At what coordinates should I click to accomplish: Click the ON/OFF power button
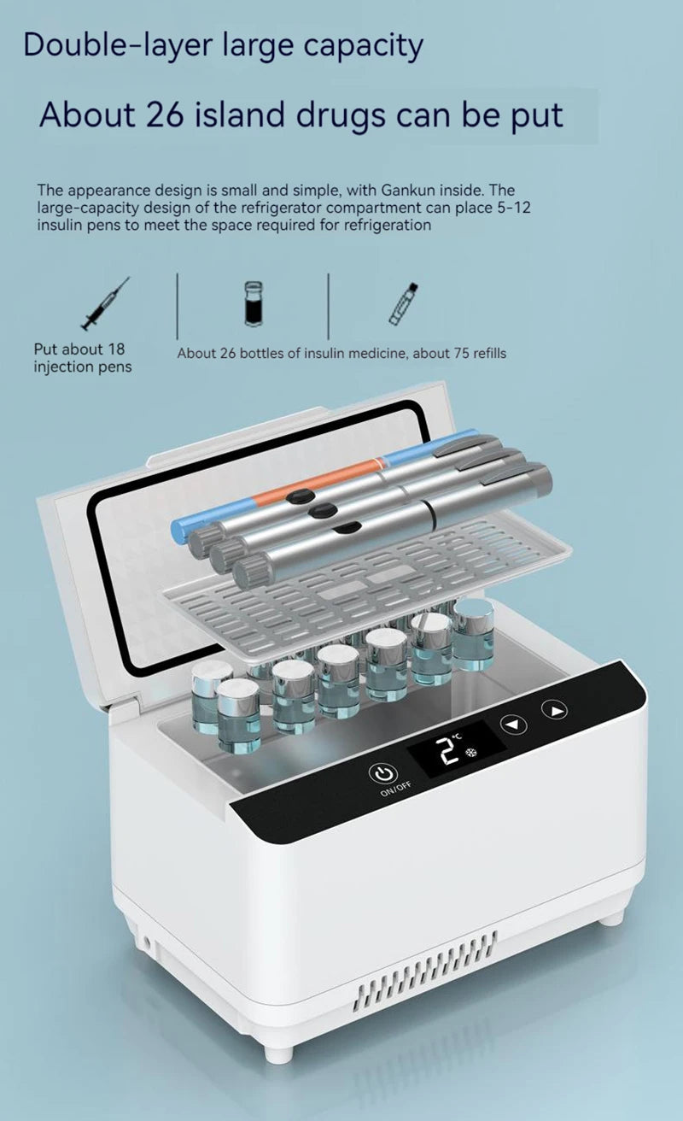[383, 774]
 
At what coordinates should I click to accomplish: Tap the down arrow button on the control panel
[514, 724]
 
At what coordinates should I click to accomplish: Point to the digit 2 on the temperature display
[447, 750]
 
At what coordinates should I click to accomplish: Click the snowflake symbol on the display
[471, 753]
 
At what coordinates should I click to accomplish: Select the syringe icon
[105, 303]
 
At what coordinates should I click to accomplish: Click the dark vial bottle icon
[254, 303]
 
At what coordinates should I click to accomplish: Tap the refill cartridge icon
[403, 304]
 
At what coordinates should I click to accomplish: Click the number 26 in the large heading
[165, 114]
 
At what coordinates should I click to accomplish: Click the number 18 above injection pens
[116, 349]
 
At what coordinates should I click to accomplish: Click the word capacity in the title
[363, 48]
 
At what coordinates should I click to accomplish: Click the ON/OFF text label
[395, 789]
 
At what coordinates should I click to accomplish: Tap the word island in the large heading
[240, 114]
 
